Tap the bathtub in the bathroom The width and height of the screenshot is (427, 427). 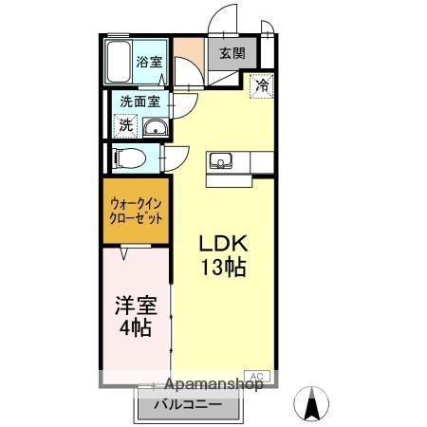pyautogui.click(x=119, y=62)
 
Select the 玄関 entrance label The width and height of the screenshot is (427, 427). pyautogui.click(x=232, y=53)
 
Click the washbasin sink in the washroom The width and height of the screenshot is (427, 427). pyautogui.click(x=156, y=128)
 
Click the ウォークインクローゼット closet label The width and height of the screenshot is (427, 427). pyautogui.click(x=136, y=210)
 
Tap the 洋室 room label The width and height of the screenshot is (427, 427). pyautogui.click(x=135, y=307)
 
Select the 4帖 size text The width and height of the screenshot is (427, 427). pyautogui.click(x=135, y=329)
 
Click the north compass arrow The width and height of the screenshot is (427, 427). pyautogui.click(x=309, y=403)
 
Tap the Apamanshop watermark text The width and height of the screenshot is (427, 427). pyautogui.click(x=214, y=384)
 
